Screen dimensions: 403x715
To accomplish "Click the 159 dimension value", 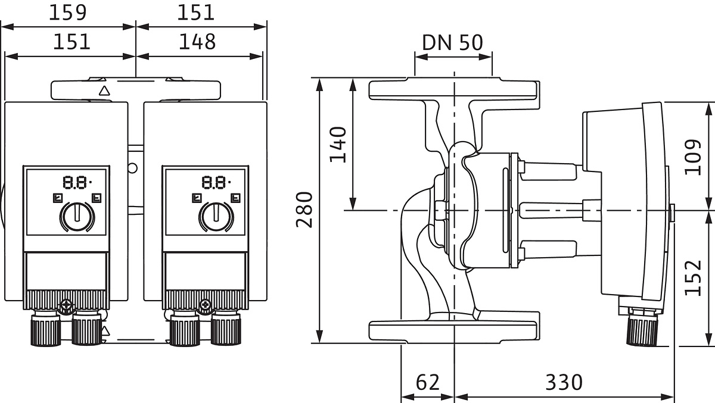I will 67,13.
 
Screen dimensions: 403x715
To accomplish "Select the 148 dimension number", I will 197,42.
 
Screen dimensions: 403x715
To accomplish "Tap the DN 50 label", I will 452,42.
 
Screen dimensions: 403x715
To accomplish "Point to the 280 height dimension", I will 304,210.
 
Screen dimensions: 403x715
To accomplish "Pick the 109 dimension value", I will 692,157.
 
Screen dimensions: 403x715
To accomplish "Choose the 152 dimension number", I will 692,277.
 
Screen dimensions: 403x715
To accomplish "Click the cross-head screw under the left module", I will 66,306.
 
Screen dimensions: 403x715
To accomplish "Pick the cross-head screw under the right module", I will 206,306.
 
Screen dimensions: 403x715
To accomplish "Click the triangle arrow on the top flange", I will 105,91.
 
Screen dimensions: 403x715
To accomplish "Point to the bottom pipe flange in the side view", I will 454,330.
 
